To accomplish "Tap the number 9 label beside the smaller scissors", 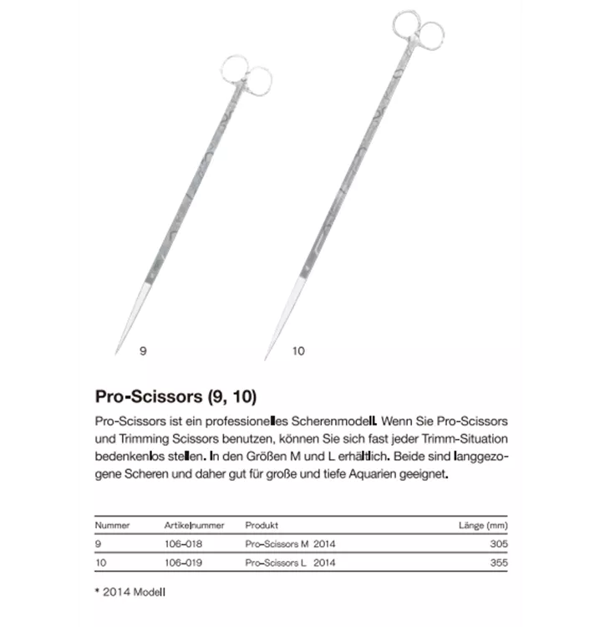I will [x=143, y=352].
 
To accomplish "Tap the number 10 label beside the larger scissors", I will [x=298, y=352].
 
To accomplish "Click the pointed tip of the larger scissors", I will [x=267, y=359].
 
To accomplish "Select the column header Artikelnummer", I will [x=194, y=525].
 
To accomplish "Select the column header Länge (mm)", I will [x=483, y=525].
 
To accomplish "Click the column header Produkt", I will [x=261, y=525].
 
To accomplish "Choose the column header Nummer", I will [x=112, y=525].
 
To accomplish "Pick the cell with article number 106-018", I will [x=183, y=544].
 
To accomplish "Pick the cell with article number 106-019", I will [x=183, y=563].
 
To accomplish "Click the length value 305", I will [x=498, y=544].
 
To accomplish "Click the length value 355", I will [x=498, y=563].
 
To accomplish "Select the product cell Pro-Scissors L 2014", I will [x=290, y=563].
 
